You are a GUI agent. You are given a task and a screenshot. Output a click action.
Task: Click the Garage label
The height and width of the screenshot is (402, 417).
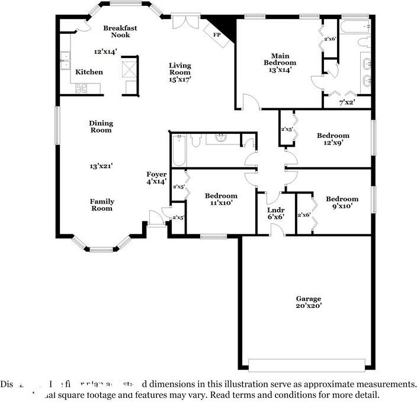pos(309,299)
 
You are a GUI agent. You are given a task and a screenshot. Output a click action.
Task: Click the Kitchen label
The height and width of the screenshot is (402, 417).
pos(89,72)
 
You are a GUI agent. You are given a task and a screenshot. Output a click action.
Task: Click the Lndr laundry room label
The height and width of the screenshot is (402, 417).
pos(275,210)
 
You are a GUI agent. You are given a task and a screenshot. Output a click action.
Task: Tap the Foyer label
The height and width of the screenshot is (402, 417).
pos(156,174)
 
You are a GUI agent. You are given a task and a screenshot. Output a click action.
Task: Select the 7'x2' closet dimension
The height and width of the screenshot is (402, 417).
pos(347,102)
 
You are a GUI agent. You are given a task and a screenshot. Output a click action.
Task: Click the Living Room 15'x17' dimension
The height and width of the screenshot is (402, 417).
pos(179,79)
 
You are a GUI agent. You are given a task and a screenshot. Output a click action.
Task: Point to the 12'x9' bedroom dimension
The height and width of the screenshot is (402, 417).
pos(332,143)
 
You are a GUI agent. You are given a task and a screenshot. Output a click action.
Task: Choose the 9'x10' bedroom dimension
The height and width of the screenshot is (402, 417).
pos(342,206)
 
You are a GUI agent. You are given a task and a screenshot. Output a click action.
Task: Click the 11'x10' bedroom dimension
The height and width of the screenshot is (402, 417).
pos(221,202)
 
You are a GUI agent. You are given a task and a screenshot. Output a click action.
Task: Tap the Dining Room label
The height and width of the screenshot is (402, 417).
pos(101,127)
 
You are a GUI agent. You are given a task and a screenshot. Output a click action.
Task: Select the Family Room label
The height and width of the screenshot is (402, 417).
pos(102,205)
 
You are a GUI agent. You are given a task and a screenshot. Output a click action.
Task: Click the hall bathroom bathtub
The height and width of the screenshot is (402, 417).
pos(178,152)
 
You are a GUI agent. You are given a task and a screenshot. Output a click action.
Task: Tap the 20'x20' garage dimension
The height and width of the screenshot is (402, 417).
pos(309,307)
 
